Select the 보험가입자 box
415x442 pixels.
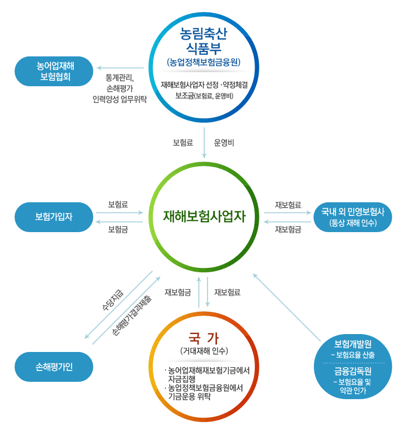tap(54, 217)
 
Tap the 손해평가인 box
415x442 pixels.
tap(54, 366)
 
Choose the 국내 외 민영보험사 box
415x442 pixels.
tap(353, 217)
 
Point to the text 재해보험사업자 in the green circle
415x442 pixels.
tap(205, 217)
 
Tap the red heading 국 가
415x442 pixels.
tap(204, 338)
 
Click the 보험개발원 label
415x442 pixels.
tap(353, 345)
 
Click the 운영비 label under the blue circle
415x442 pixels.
tap(224, 143)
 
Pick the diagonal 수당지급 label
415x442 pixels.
tap(113, 300)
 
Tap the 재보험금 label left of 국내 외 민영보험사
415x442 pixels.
tap(288, 229)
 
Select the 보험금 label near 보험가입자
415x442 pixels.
tap(118, 229)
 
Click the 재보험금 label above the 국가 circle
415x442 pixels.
tap(177, 292)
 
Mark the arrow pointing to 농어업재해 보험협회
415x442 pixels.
tap(120, 69)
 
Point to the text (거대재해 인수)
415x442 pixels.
tap(204, 351)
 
